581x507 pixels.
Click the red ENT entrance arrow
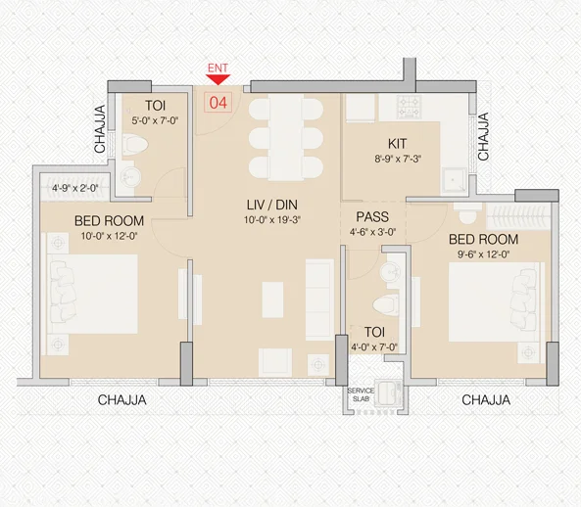[218, 79]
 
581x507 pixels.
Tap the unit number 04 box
[218, 100]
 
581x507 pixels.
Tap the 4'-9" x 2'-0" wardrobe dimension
[75, 189]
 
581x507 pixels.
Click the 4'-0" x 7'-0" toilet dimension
[374, 346]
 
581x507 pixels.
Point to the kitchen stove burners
[408, 103]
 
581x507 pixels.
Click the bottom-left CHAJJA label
[122, 399]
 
